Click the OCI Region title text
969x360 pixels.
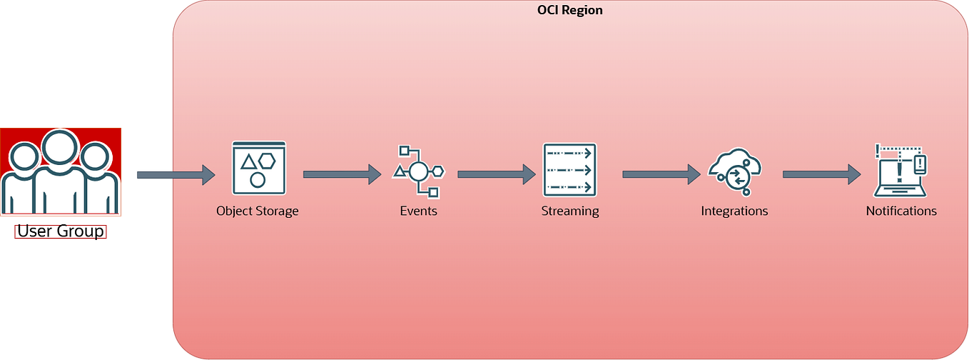(569, 10)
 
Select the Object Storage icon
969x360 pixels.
(258, 169)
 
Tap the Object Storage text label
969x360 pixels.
(258, 211)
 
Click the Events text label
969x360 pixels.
(418, 211)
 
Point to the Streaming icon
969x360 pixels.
(569, 169)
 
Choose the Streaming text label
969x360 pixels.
(569, 211)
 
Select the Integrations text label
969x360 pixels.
(734, 211)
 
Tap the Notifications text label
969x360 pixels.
(900, 211)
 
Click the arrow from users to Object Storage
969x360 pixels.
(175, 174)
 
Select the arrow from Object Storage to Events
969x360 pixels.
(342, 174)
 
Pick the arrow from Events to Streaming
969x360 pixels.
(496, 174)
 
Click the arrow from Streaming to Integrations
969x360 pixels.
(661, 174)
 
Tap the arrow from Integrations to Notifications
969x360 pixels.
(821, 174)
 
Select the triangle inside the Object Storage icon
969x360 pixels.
(248, 161)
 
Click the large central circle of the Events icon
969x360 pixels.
(418, 171)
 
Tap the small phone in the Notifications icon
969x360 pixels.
(920, 164)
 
